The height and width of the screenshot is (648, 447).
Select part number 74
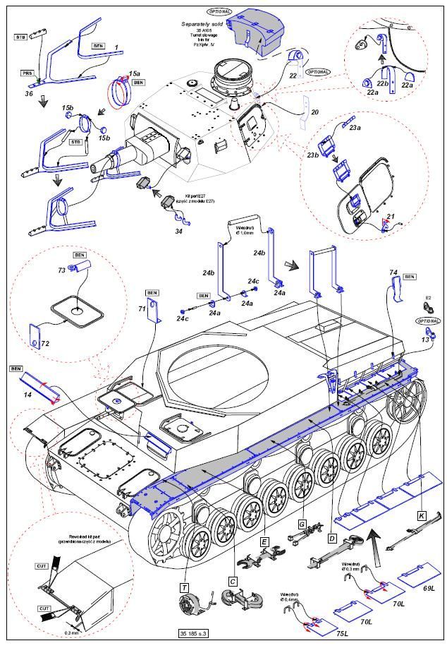(393, 272)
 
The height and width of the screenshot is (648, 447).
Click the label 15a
(134, 73)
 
